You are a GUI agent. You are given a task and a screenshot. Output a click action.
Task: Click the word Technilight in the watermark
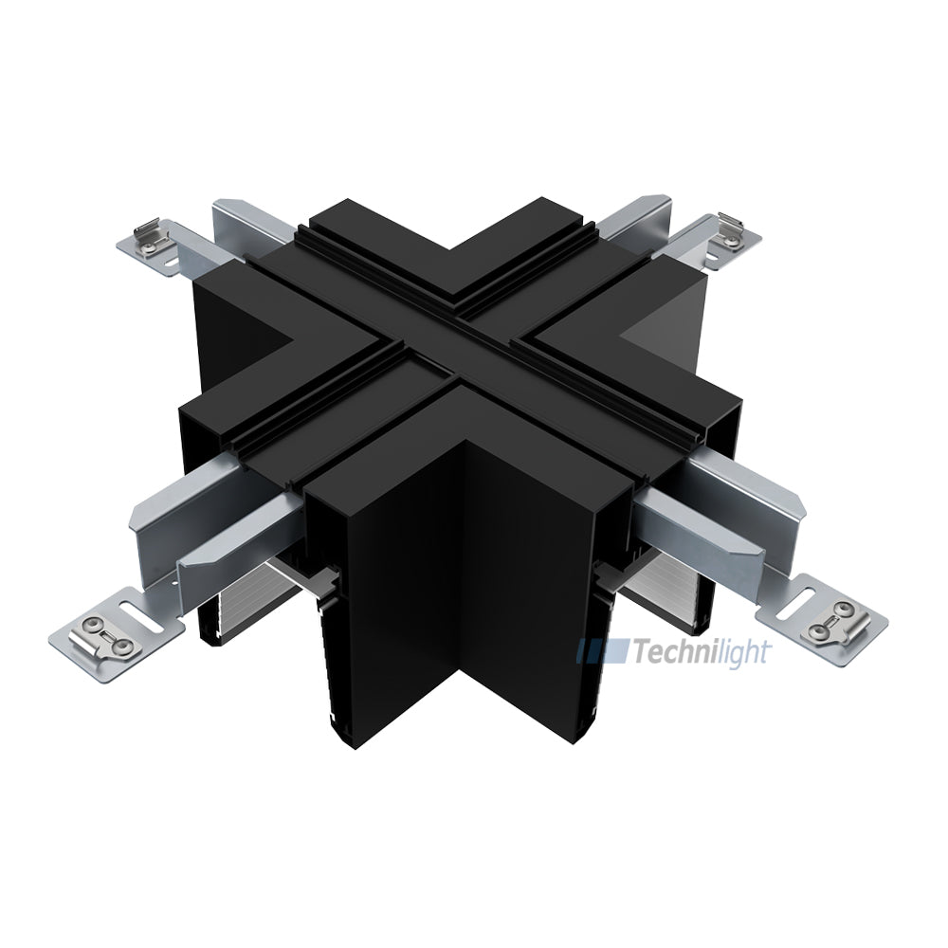pyautogui.click(x=702, y=652)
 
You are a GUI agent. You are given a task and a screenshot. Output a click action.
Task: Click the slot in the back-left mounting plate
pyautogui.click(x=171, y=256)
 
